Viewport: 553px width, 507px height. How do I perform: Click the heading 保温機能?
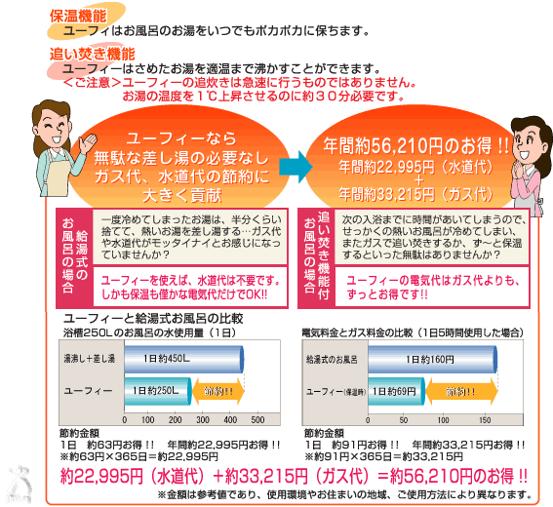[x=78, y=17]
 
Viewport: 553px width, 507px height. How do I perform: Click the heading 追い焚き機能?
[x=93, y=54]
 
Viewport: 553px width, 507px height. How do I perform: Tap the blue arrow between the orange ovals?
[x=296, y=167]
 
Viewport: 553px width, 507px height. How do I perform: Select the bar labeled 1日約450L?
[x=183, y=359]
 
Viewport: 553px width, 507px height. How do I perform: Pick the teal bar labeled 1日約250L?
[x=158, y=391]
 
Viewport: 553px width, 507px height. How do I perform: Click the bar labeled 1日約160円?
[x=432, y=359]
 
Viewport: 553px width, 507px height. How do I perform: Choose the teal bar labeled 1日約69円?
[x=396, y=391]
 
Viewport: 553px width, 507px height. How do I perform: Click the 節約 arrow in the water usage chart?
[x=218, y=391]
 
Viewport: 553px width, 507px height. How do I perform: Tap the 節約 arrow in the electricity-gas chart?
[x=461, y=391]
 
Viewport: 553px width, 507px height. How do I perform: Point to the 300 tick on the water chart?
[x=203, y=420]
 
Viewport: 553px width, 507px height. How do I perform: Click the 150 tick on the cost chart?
[x=485, y=420]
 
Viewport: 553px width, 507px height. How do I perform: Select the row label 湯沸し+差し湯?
[x=89, y=359]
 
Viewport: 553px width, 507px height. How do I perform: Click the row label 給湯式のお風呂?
[x=332, y=360]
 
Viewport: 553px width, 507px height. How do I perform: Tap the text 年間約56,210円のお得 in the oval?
[x=408, y=145]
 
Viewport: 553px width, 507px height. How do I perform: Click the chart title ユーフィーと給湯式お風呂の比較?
[x=153, y=319]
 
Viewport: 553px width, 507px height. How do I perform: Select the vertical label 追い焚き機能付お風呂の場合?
[x=316, y=256]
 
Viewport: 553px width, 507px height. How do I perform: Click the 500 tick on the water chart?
[x=257, y=420]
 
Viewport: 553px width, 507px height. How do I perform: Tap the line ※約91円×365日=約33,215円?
[x=383, y=457]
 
